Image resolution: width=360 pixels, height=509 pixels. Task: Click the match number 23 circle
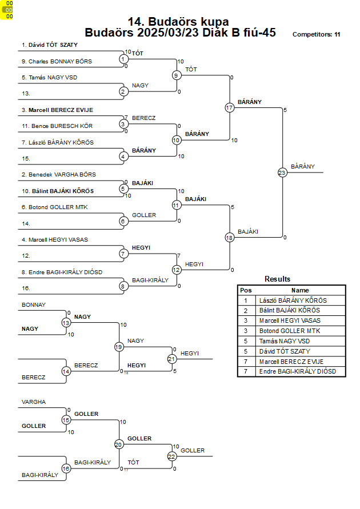point(282,173)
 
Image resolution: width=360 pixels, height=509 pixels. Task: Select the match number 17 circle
point(230,107)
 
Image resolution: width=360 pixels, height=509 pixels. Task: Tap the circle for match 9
point(176,75)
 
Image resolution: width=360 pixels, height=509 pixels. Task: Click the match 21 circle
point(172,359)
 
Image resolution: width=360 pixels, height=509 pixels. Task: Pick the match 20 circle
point(118,444)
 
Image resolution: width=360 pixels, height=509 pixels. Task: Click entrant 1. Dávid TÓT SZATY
point(50,45)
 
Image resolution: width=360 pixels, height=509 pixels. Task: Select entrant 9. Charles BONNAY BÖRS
point(57,61)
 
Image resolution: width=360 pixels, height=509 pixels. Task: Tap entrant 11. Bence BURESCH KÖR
point(57,126)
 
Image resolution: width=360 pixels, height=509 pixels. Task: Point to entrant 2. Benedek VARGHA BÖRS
point(59,174)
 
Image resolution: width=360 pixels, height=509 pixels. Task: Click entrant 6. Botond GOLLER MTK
point(54,207)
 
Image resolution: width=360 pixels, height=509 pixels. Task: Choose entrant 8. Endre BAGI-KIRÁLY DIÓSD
point(62,272)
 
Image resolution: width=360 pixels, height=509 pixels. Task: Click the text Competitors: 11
point(316,34)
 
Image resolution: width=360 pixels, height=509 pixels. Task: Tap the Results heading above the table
point(277,279)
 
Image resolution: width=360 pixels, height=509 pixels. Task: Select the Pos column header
point(246,290)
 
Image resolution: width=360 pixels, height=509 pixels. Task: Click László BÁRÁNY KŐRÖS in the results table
point(293,300)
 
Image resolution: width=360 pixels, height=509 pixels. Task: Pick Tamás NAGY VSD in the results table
point(285,341)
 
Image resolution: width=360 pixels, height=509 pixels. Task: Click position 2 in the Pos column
point(246,311)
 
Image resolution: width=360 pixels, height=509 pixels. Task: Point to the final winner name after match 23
point(303,167)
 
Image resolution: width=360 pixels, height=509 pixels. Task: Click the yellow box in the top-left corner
point(7,10)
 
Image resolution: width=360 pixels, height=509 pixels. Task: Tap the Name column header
point(300,290)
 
